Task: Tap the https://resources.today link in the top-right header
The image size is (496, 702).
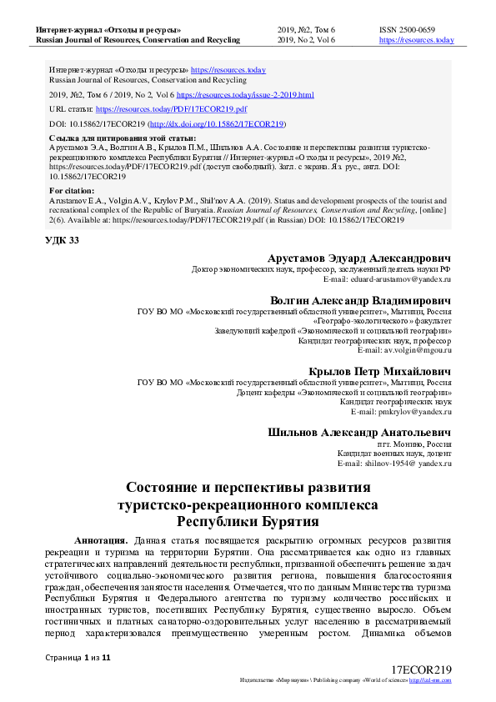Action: click(x=416, y=40)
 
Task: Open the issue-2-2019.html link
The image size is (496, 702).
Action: click(x=245, y=95)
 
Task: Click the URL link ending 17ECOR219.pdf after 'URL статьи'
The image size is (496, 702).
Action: click(x=171, y=109)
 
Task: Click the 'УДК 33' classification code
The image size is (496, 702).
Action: click(x=63, y=241)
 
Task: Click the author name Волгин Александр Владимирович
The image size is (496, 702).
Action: click(x=361, y=299)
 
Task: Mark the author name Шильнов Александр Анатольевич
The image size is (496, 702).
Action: click(x=359, y=433)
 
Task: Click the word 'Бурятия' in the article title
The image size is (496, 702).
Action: click(x=280, y=522)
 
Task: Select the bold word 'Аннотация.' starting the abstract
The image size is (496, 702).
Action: click(x=101, y=540)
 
